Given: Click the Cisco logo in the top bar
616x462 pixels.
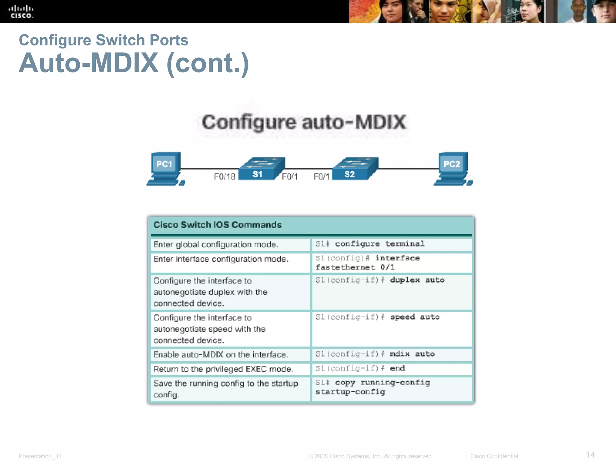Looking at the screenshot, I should tap(21, 12).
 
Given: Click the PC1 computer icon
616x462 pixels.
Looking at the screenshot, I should tap(165, 168).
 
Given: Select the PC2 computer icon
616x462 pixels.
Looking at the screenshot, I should tap(452, 168).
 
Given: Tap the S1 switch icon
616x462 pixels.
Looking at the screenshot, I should tap(261, 169).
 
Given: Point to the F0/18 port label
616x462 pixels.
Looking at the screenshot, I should tap(224, 177).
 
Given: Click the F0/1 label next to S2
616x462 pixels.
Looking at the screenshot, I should tap(321, 177).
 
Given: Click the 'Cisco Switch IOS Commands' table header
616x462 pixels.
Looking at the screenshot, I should tap(217, 225).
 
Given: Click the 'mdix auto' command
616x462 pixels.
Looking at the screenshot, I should tap(412, 354).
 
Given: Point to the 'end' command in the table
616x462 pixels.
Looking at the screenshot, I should tap(397, 368).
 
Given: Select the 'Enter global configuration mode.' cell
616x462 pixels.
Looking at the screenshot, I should tap(216, 245).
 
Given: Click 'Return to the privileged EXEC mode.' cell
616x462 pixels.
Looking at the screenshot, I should tap(223, 369).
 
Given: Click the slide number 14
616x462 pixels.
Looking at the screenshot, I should tap(590, 454).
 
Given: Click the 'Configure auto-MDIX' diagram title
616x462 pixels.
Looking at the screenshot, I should tap(303, 122).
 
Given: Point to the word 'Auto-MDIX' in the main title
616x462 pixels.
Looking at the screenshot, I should tap(89, 63).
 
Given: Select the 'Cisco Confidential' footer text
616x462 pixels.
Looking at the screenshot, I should tap(494, 456).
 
